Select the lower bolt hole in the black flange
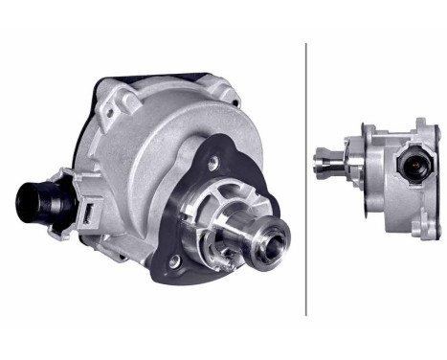tap(174, 259)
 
